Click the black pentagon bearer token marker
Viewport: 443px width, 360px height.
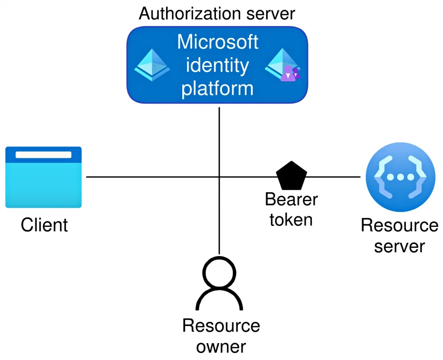pyautogui.click(x=291, y=177)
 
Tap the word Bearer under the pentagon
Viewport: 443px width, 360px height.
pyautogui.click(x=291, y=199)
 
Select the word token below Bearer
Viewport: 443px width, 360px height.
pyautogui.click(x=291, y=219)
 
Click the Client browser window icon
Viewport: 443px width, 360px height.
pyautogui.click(x=43, y=177)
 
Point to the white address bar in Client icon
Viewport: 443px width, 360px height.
pyautogui.click(x=43, y=155)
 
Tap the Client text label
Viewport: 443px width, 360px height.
pyautogui.click(x=44, y=225)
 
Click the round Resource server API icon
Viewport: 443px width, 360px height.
pyautogui.click(x=400, y=177)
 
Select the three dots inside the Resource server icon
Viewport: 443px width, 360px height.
pyautogui.click(x=400, y=177)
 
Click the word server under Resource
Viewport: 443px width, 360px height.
pyautogui.click(x=399, y=246)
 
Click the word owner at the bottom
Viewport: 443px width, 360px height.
pyautogui.click(x=221, y=346)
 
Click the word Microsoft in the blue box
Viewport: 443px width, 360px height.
pyautogui.click(x=218, y=42)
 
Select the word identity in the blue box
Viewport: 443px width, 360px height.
pyautogui.click(x=217, y=66)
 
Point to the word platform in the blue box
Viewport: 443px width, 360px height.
pyautogui.click(x=217, y=89)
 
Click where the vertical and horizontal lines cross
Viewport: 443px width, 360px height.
pyautogui.click(x=219, y=177)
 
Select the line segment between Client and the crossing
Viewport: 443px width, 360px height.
pyautogui.click(x=151, y=177)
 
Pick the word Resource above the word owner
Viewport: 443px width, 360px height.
pyautogui.click(x=221, y=325)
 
